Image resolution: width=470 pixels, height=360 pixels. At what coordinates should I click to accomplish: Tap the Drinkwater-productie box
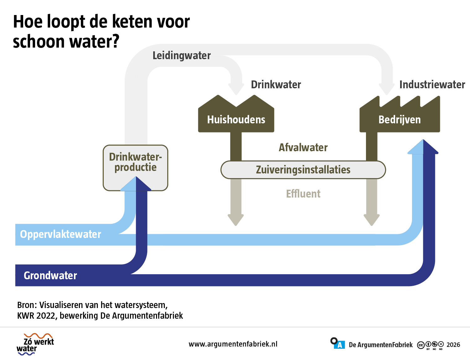135,168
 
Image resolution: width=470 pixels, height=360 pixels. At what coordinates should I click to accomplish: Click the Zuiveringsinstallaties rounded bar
303,170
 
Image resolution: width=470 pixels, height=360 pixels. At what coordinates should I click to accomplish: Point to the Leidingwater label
181,55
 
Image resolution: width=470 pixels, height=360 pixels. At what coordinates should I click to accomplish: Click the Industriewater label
432,85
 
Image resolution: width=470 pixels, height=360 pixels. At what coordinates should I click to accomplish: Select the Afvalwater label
303,147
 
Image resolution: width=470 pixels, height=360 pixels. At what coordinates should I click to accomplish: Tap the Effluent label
303,193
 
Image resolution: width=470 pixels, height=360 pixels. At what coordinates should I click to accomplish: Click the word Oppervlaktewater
60,234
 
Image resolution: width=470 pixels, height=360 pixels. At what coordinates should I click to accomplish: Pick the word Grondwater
50,275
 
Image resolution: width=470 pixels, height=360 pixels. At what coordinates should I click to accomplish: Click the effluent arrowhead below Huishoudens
236,220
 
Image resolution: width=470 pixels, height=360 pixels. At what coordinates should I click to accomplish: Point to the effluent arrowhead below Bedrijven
372,220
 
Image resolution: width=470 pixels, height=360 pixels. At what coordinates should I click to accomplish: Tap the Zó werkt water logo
35,344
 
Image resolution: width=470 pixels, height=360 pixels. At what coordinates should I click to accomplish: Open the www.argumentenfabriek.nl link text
233,344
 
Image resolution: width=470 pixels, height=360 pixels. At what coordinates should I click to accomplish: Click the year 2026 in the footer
453,345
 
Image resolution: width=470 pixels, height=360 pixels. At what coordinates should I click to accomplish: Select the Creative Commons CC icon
421,345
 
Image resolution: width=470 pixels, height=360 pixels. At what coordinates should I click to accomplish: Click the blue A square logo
340,345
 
